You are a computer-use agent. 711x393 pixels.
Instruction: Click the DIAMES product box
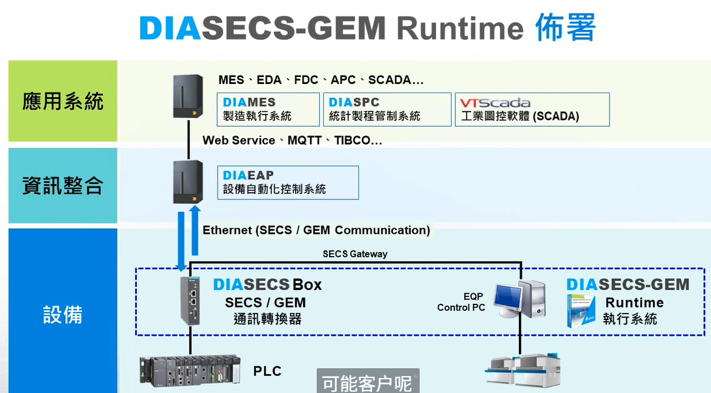coord(268,109)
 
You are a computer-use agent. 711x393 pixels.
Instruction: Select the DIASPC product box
coord(387,109)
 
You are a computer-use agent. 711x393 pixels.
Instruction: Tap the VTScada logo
coord(495,102)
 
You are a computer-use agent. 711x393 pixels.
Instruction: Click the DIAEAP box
coord(288,182)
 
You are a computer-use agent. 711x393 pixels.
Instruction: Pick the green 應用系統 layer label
coord(63,101)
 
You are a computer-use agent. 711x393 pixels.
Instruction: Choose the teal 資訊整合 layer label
coord(63,185)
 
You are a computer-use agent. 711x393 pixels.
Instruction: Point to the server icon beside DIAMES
coord(188,96)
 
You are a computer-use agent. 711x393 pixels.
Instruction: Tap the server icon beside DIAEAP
coord(188,182)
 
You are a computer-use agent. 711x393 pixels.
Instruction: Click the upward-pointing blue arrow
coord(195,230)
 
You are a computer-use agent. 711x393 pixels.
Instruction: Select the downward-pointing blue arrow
coord(181,241)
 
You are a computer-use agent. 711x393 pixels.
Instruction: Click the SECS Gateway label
coord(355,254)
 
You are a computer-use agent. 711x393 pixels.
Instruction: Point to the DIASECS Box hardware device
coord(190,300)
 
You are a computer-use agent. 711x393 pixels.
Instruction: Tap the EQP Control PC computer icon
coord(519,300)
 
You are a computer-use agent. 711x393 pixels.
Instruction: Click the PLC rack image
coord(190,370)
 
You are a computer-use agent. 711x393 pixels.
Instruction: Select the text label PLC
coord(267,371)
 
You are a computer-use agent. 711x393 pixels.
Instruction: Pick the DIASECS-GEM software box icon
coord(581,311)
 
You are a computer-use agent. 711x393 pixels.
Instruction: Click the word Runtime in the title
coord(460,28)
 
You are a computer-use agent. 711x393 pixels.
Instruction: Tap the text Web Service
coord(239,141)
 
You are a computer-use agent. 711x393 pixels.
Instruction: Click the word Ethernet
coord(227,230)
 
